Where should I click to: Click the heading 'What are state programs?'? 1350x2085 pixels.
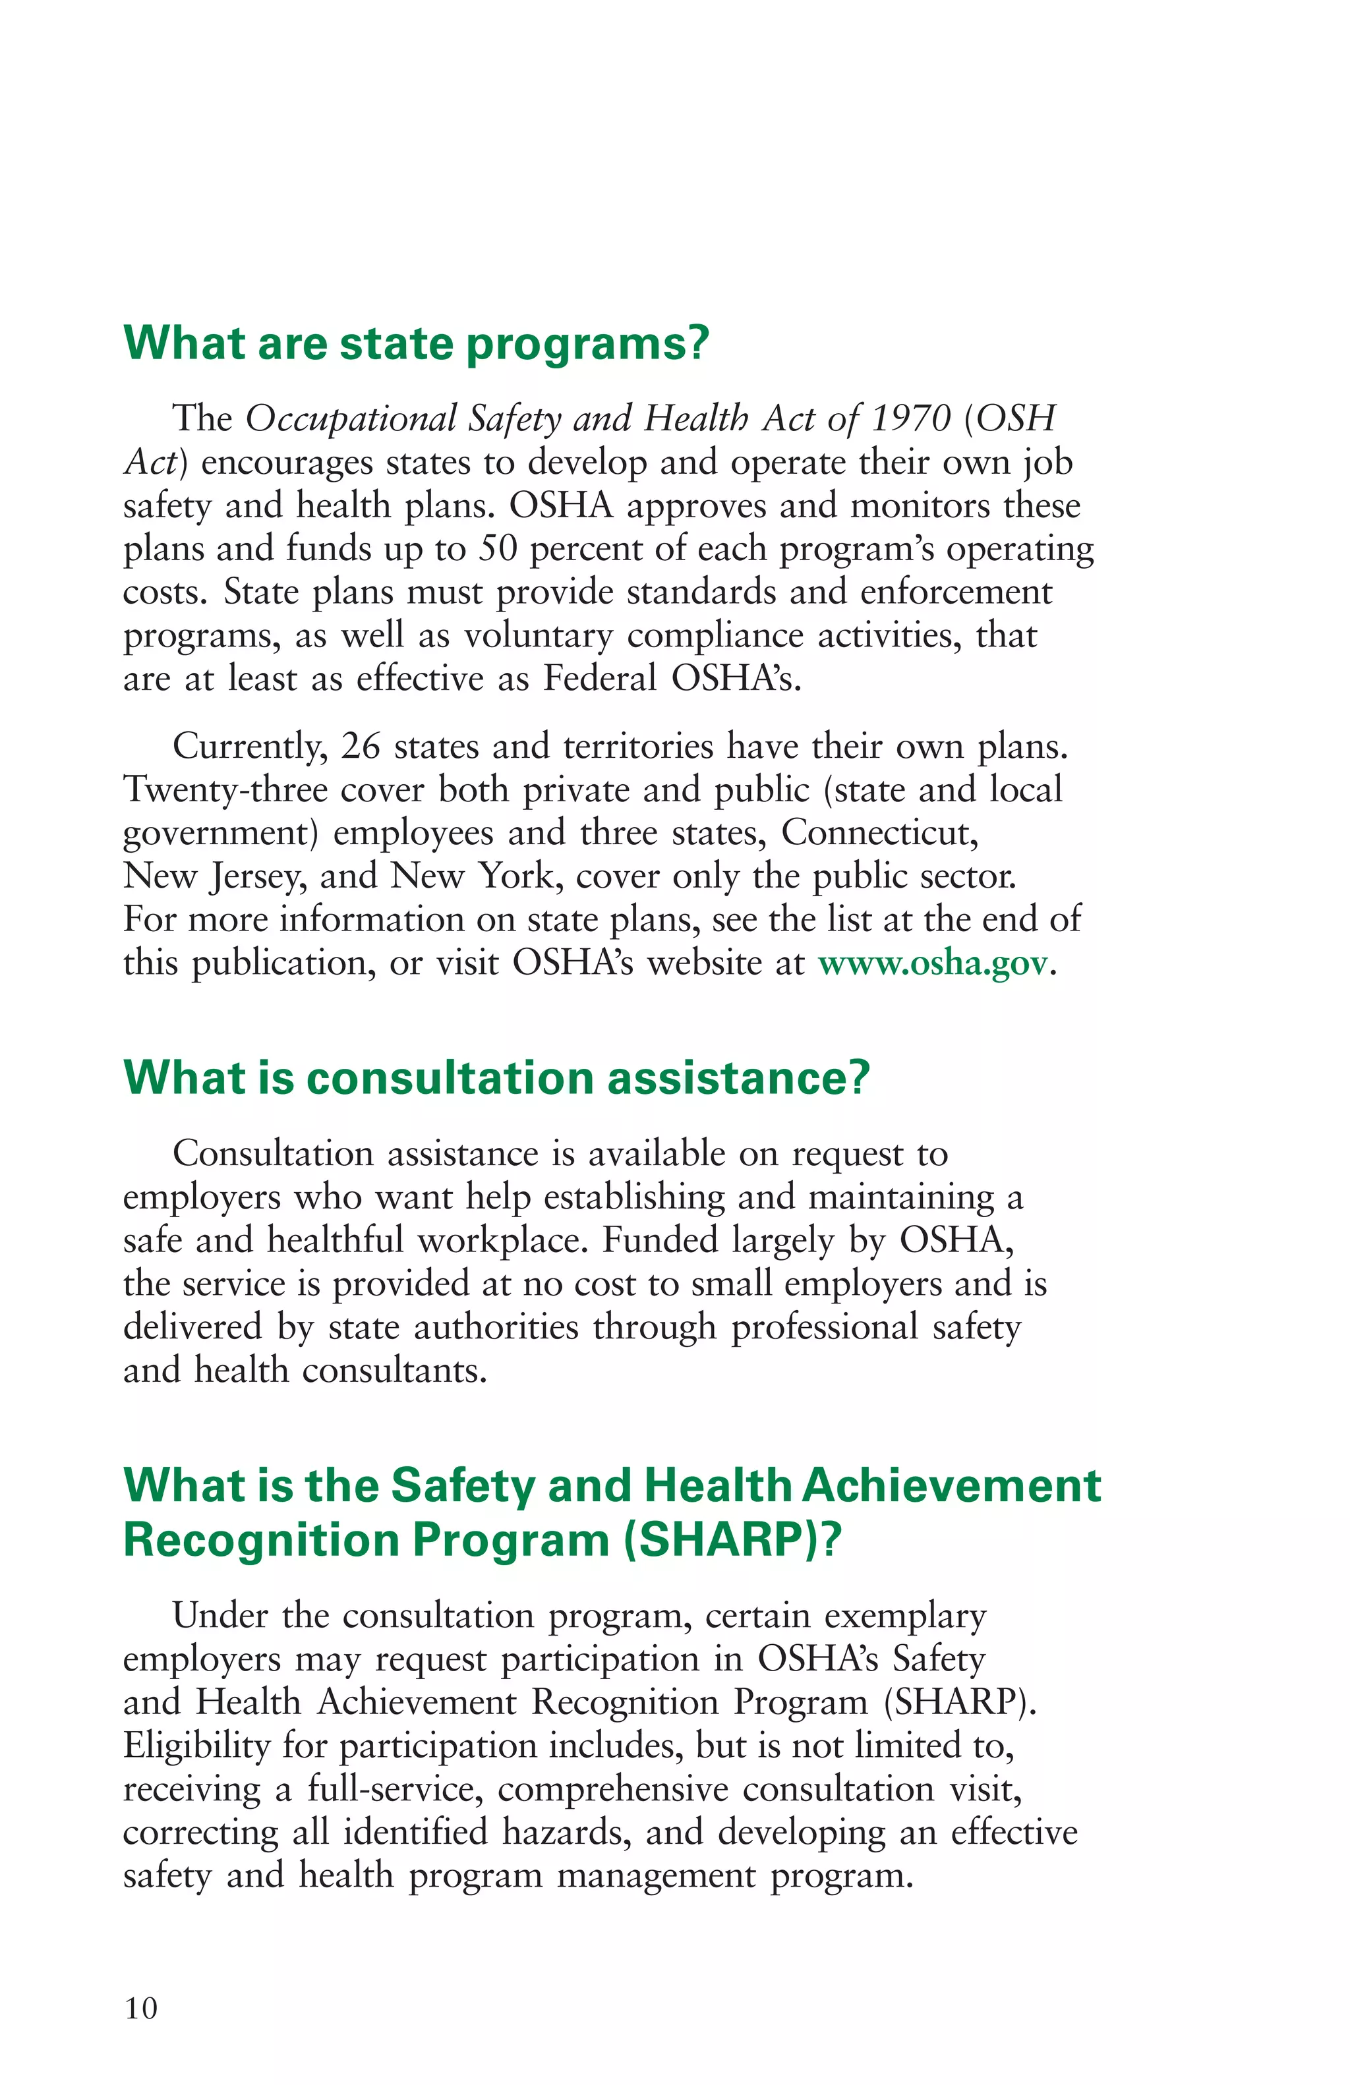click(x=415, y=343)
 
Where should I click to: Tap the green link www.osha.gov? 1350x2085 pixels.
click(x=932, y=963)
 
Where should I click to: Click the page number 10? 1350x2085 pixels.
click(x=141, y=2008)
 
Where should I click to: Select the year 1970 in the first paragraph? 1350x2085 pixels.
click(x=911, y=418)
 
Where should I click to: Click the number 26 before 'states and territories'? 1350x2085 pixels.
click(x=360, y=747)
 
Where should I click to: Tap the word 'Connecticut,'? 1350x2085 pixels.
click(x=879, y=833)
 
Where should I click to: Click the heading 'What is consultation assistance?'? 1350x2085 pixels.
click(x=497, y=1077)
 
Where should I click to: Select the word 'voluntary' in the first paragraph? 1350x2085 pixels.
click(x=538, y=636)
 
